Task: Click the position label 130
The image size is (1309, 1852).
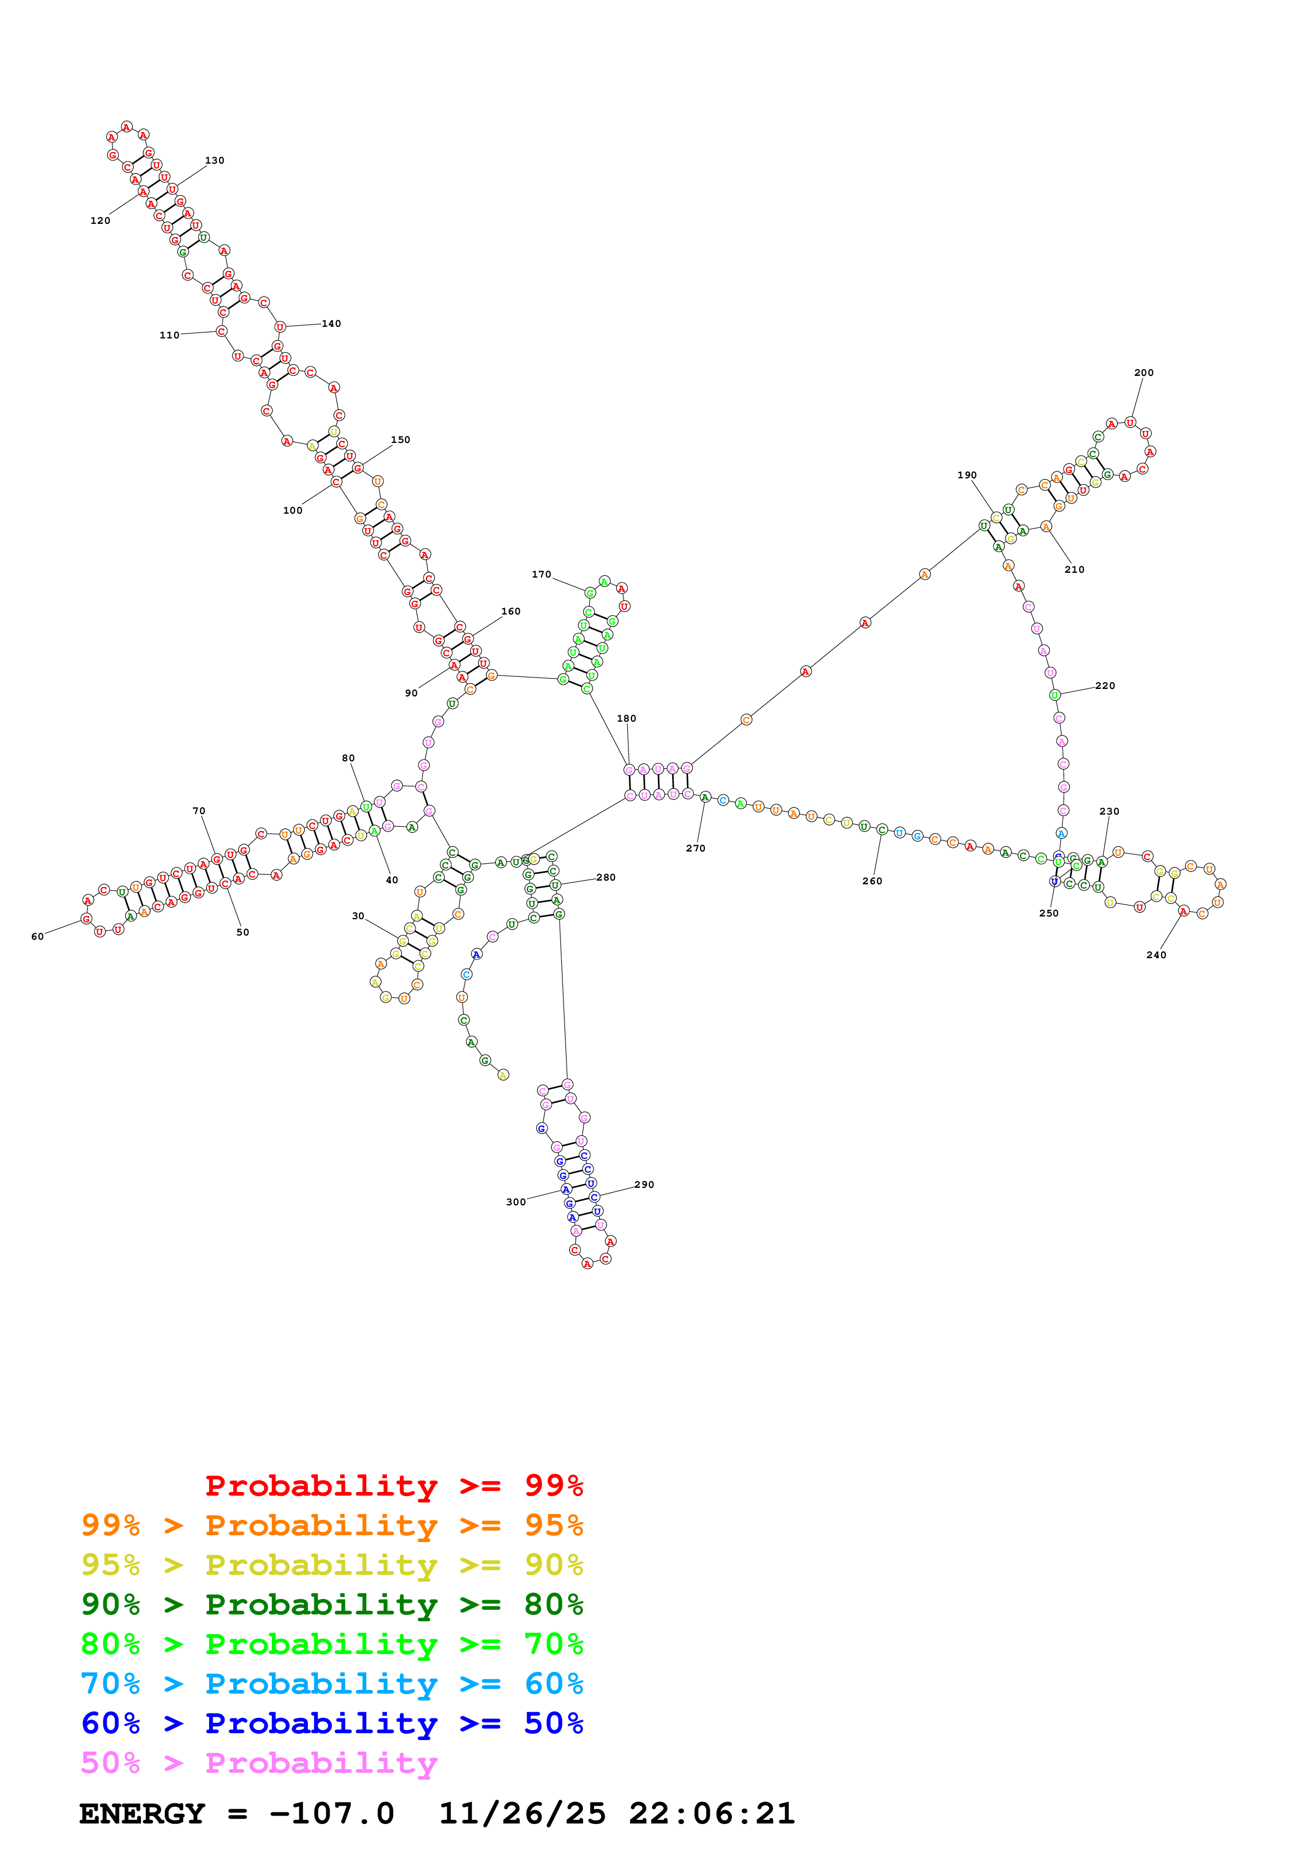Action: (x=214, y=160)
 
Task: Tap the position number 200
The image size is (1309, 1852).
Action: (x=1144, y=373)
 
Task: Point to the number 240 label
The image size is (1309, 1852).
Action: (x=1156, y=955)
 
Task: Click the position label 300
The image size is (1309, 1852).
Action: (x=515, y=1202)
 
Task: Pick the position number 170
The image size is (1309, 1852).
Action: (x=541, y=574)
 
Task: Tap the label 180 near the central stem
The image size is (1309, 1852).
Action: (x=627, y=718)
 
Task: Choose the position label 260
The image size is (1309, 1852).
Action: (x=872, y=881)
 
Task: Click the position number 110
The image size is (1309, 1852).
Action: (x=169, y=335)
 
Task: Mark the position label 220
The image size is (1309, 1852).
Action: (x=1105, y=686)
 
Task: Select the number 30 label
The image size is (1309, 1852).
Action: (x=358, y=915)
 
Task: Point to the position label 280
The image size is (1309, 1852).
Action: (x=606, y=877)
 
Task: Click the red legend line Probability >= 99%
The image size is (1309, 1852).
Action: (x=393, y=1485)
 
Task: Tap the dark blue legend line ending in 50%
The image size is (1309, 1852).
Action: (x=332, y=1724)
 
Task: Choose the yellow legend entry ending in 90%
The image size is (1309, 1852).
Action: (x=332, y=1565)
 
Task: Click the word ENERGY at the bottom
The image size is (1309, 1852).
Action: (x=142, y=1814)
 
